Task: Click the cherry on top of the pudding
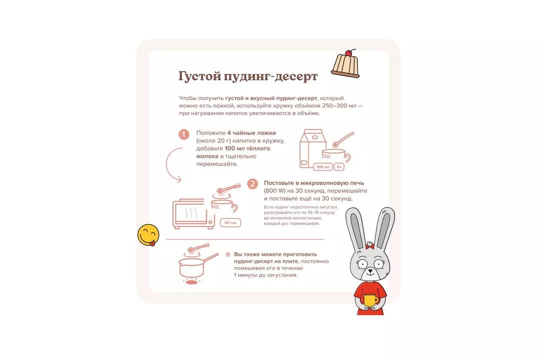(x=348, y=53)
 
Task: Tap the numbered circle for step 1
(x=184, y=134)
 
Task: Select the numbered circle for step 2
(x=252, y=184)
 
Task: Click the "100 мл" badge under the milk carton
(x=322, y=167)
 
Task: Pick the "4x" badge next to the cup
(x=339, y=167)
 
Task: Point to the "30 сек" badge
(x=230, y=223)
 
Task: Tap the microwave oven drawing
(x=193, y=213)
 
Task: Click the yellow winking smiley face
(x=148, y=235)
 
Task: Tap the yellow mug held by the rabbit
(x=371, y=300)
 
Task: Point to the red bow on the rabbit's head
(x=370, y=246)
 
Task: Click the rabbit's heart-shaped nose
(x=370, y=271)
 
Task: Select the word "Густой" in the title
(x=199, y=76)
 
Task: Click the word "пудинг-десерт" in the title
(x=270, y=76)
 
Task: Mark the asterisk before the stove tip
(x=227, y=255)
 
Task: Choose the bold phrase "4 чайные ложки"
(x=251, y=133)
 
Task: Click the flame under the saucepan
(x=192, y=282)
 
